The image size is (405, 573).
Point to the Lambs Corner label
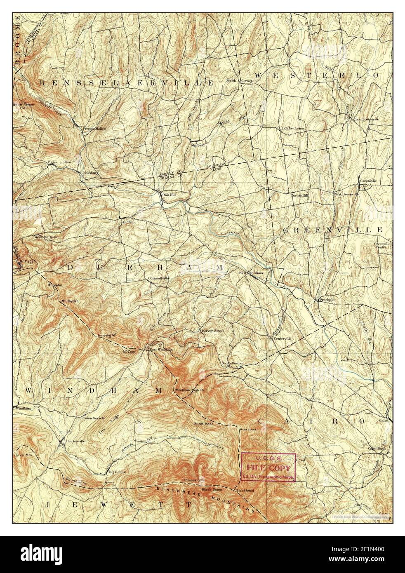[x=293, y=129]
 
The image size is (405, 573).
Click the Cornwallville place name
[x=159, y=278]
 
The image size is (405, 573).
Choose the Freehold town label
[x=326, y=300]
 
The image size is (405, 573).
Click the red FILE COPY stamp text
[x=268, y=467]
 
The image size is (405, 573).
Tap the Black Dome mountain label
[x=212, y=489]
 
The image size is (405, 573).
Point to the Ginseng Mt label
[x=106, y=335]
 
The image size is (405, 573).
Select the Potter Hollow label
[x=59, y=162]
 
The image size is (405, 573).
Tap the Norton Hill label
[x=300, y=195]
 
